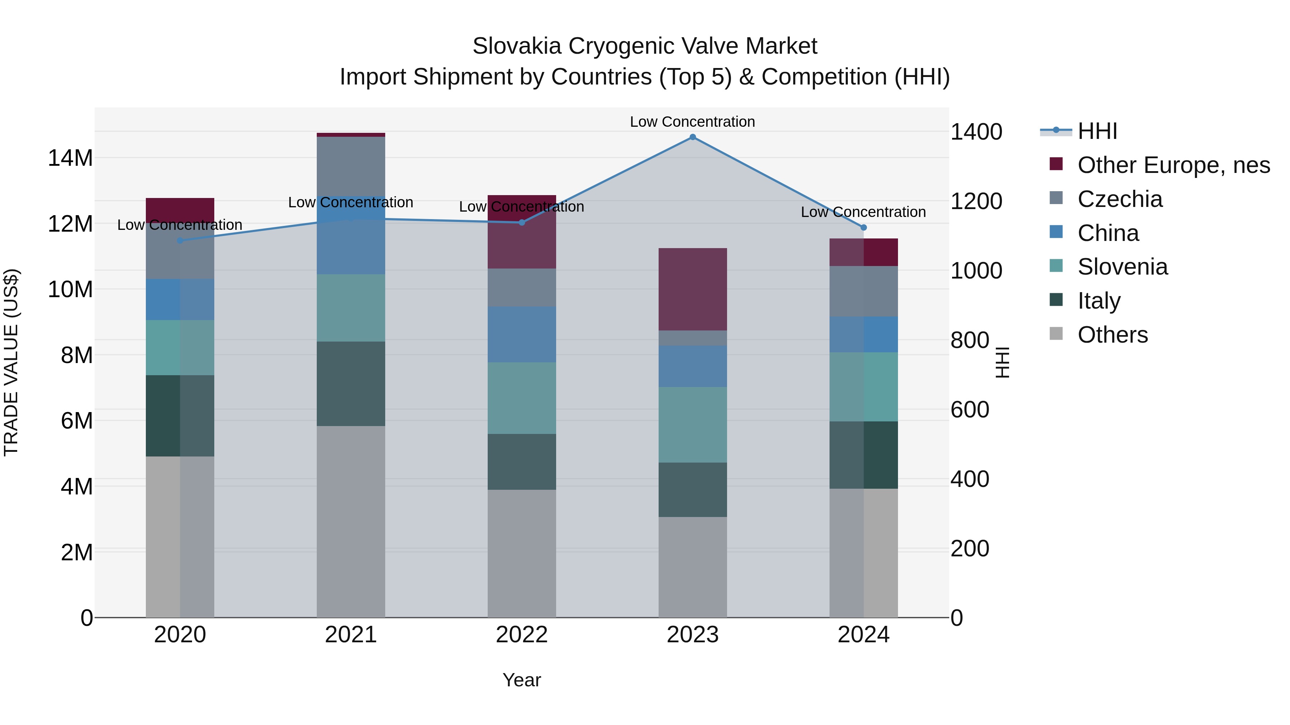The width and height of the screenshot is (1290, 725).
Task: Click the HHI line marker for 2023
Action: (x=693, y=137)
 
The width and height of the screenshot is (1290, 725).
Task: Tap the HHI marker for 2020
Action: (x=180, y=241)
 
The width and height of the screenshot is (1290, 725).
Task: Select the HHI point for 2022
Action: (x=522, y=223)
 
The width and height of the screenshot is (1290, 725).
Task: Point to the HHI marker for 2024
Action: (x=863, y=228)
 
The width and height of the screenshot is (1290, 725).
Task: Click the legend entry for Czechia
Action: (x=1120, y=199)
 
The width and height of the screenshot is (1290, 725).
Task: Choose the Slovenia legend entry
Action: (x=1122, y=267)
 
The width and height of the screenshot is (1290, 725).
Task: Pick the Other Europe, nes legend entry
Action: (x=1173, y=165)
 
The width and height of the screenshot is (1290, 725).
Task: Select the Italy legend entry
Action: (x=1099, y=301)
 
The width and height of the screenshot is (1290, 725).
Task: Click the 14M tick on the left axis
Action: (x=70, y=158)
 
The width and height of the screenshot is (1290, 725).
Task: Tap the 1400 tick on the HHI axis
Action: (x=976, y=132)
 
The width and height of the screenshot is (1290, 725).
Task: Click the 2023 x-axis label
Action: (x=693, y=635)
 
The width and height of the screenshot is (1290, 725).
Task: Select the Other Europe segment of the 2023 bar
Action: (x=693, y=289)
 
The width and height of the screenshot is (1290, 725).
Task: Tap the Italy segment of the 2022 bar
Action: (x=522, y=462)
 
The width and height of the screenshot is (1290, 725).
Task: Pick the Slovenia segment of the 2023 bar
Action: (x=693, y=425)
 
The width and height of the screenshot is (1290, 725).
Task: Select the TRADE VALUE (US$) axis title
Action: (x=11, y=362)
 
